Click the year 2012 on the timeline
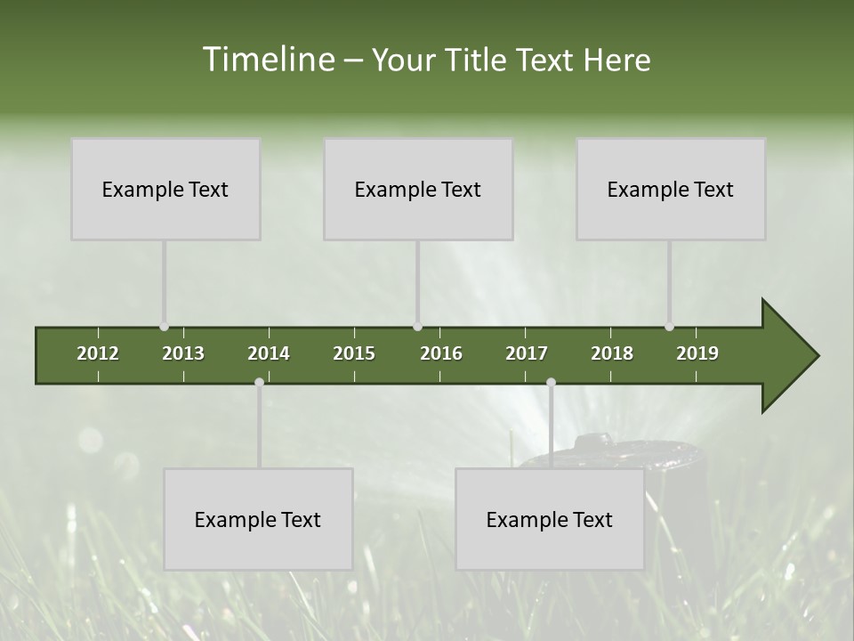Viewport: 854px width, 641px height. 98,353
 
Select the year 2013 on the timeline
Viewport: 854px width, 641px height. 183,353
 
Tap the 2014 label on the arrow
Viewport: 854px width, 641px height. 269,353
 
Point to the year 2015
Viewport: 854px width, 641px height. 354,353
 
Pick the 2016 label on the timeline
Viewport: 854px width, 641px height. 441,353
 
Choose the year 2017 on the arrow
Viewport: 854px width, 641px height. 527,353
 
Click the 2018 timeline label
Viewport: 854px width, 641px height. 612,353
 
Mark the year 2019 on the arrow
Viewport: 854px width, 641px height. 697,353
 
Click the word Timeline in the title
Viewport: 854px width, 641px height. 267,60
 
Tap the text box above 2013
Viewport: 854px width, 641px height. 165,189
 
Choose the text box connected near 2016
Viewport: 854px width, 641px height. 418,189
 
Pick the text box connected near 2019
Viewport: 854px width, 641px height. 671,189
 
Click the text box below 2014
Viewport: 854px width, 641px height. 258,519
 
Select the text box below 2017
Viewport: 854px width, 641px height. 550,519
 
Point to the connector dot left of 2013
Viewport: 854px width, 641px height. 164,327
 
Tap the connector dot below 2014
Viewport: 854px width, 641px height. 259,382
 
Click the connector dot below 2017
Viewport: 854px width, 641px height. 551,382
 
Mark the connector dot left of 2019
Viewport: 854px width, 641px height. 669,327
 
